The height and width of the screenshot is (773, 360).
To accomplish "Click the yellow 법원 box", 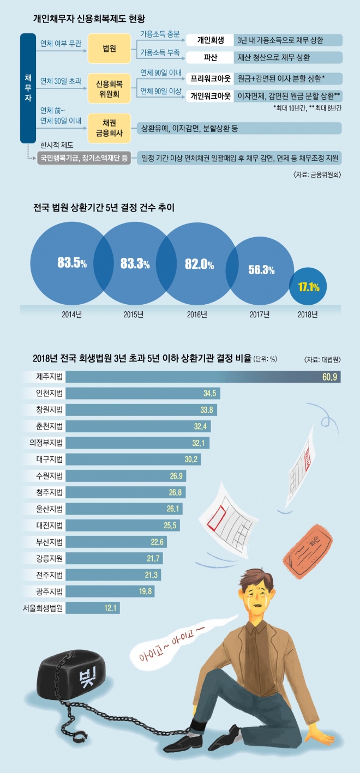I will [x=110, y=49].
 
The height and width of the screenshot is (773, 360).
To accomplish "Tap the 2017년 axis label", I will [x=260, y=315].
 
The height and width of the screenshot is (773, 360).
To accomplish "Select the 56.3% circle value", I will [x=261, y=269].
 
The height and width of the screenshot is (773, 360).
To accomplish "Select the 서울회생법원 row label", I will [x=43, y=607].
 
